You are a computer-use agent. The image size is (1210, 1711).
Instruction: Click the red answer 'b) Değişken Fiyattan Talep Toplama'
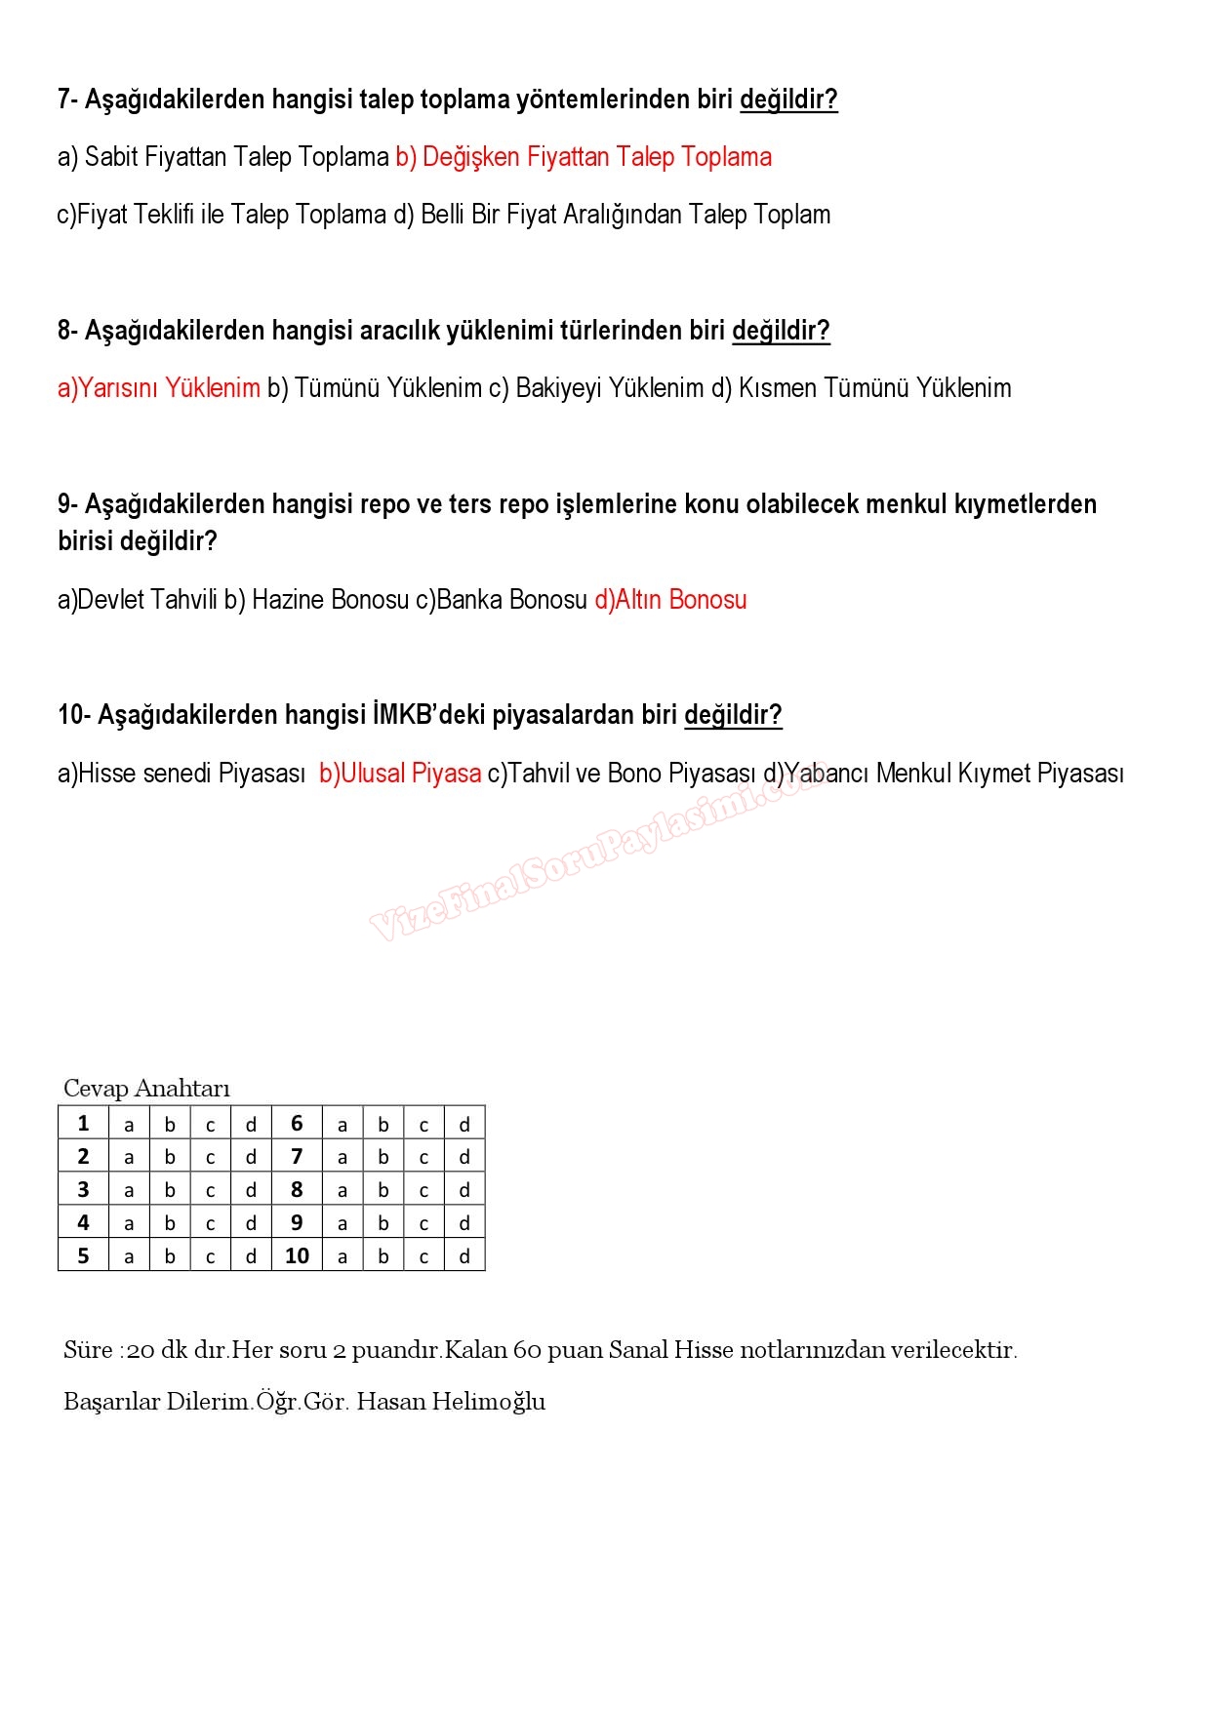[584, 157]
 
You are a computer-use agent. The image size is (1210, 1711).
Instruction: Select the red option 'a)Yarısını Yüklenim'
[159, 388]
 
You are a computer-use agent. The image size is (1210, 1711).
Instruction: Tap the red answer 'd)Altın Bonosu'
[670, 599]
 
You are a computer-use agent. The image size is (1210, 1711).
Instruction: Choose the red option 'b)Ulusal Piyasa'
[400, 774]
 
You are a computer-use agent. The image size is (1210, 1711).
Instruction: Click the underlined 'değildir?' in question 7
[788, 99]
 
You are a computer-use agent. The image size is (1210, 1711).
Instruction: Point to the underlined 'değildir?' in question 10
[733, 715]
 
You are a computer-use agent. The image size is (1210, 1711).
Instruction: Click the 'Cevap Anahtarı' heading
[146, 1089]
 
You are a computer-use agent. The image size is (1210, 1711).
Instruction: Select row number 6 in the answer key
[297, 1124]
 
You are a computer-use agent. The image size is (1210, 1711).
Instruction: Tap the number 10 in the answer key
[297, 1256]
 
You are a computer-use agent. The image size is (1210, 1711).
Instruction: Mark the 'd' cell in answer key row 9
[464, 1223]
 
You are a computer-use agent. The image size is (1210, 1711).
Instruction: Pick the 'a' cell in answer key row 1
[129, 1125]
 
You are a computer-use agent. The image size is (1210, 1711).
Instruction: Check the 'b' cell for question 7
[383, 1158]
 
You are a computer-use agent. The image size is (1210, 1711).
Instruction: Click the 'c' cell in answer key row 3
[210, 1191]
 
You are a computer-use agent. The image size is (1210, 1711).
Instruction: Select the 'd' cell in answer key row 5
[251, 1256]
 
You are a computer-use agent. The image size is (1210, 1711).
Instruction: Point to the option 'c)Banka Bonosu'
[502, 599]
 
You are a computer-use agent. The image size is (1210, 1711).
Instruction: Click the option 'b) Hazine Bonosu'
[316, 599]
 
